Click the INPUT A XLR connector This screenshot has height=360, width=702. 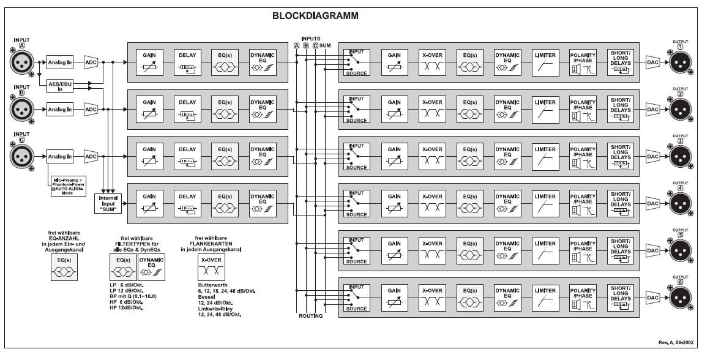pyautogui.click(x=23, y=62)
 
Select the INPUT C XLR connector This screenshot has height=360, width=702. pyautogui.click(x=23, y=156)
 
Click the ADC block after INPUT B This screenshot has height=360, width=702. pyautogui.click(x=91, y=110)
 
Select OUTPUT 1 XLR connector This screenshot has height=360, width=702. pyautogui.click(x=680, y=62)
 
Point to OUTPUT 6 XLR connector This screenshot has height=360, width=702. pyautogui.click(x=680, y=297)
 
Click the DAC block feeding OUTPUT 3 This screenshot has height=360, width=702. pyautogui.click(x=652, y=156)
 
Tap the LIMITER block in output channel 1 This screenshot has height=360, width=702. pyautogui.click(x=544, y=62)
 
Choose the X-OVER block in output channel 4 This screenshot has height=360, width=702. pyautogui.click(x=432, y=203)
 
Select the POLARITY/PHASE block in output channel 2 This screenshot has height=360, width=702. pyautogui.click(x=582, y=109)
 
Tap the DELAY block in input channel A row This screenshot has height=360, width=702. pyautogui.click(x=187, y=62)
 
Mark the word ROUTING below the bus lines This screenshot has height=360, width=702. pyautogui.click(x=311, y=317)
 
